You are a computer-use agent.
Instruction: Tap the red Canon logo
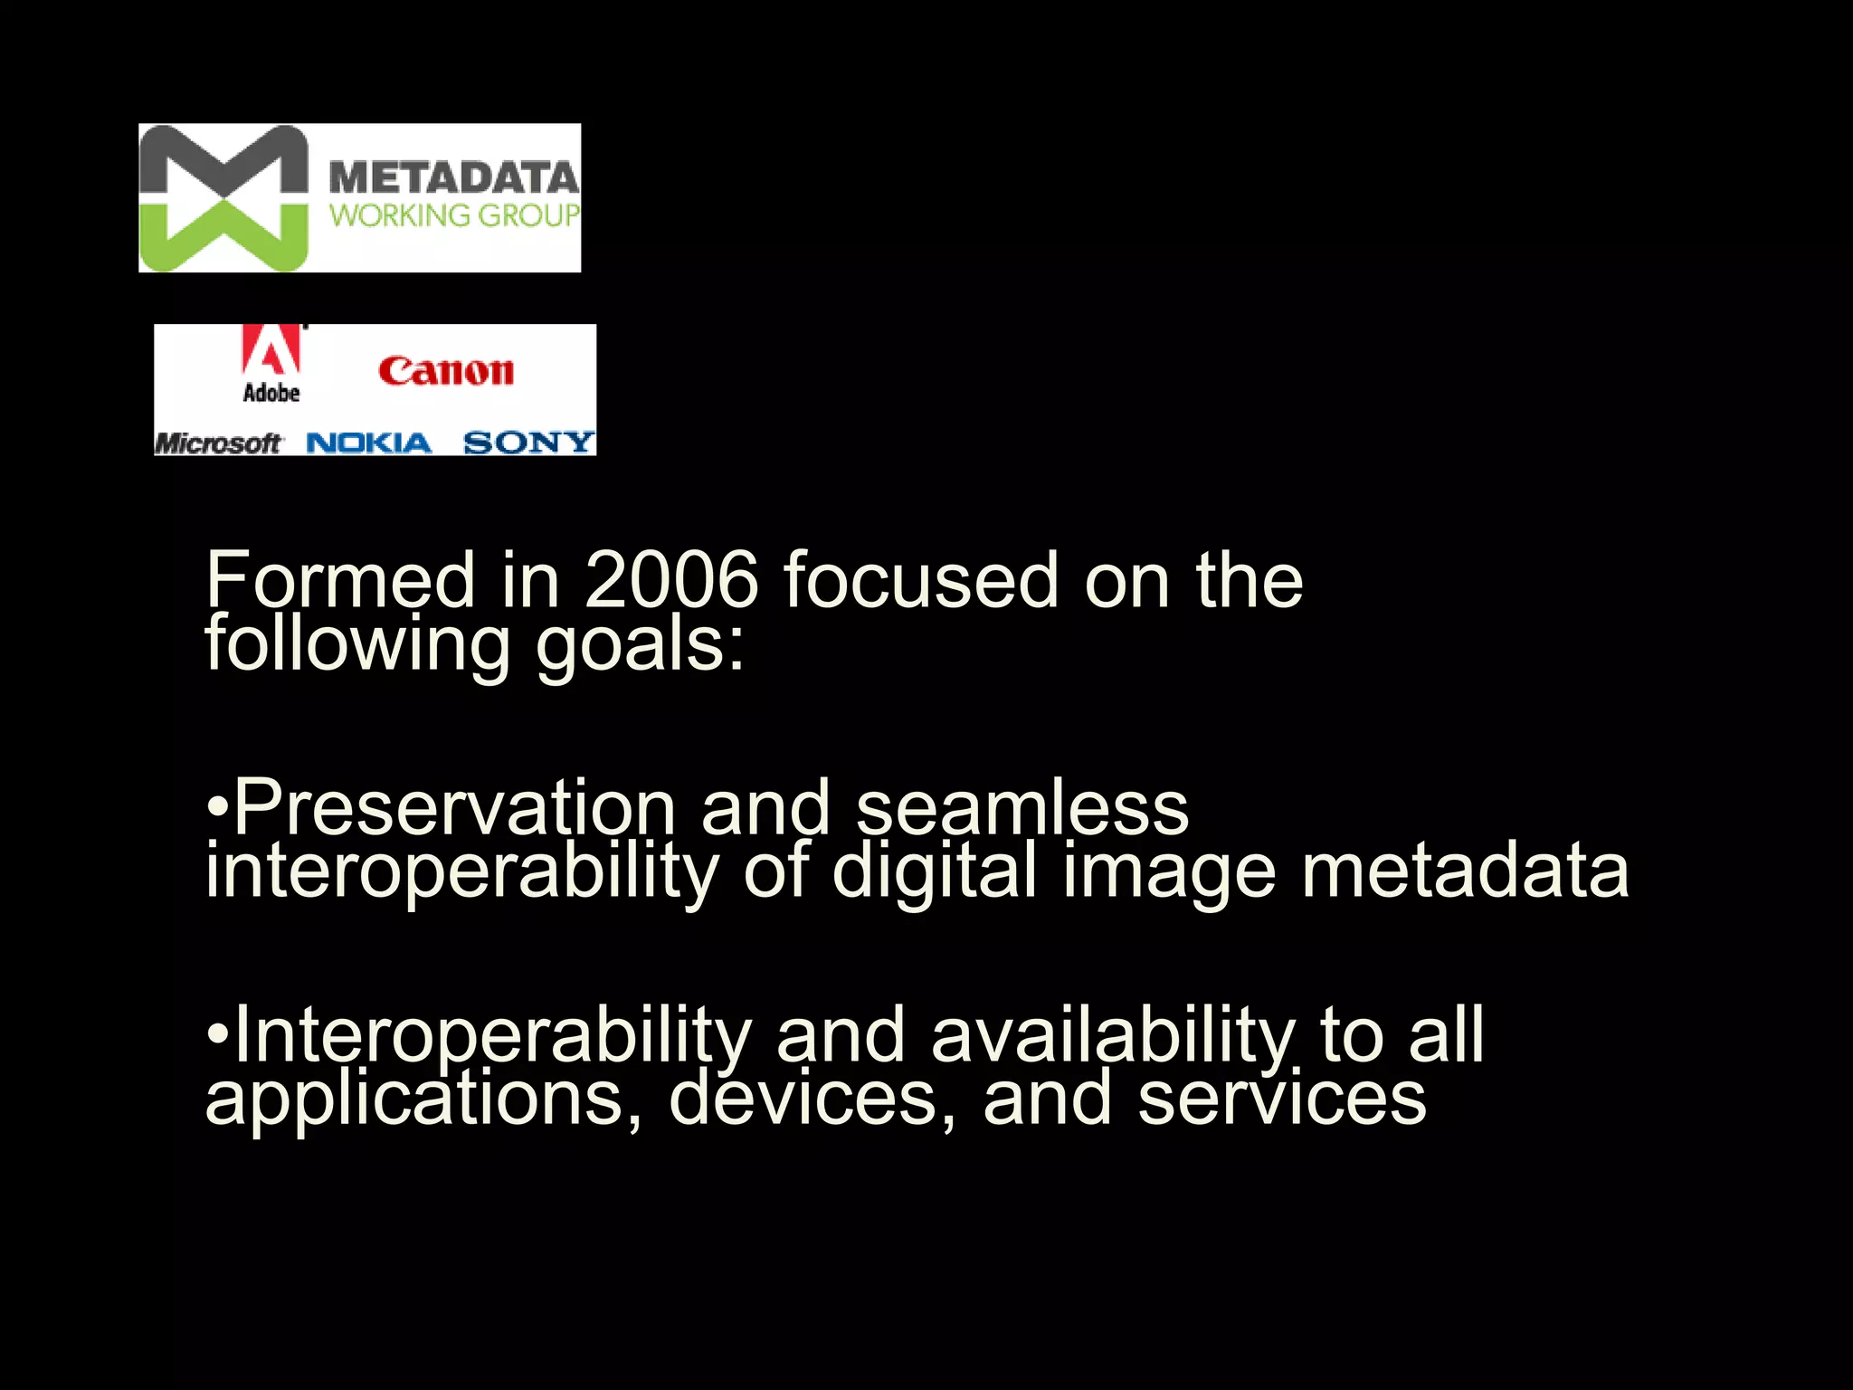446,371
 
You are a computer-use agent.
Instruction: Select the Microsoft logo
218,443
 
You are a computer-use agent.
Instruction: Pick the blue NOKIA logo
369,443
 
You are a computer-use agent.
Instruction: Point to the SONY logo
528,443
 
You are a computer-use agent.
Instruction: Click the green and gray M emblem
223,198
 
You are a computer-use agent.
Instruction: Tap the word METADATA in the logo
453,177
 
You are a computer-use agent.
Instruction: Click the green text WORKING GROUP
453,215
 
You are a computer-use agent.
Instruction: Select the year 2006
670,580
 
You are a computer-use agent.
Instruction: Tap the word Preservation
455,807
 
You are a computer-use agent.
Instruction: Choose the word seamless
1022,807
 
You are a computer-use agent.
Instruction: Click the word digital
934,871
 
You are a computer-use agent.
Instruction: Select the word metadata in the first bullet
1465,871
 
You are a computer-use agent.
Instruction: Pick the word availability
1114,1034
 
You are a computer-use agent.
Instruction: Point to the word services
1281,1099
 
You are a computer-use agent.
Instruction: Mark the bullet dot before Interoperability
216,1033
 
